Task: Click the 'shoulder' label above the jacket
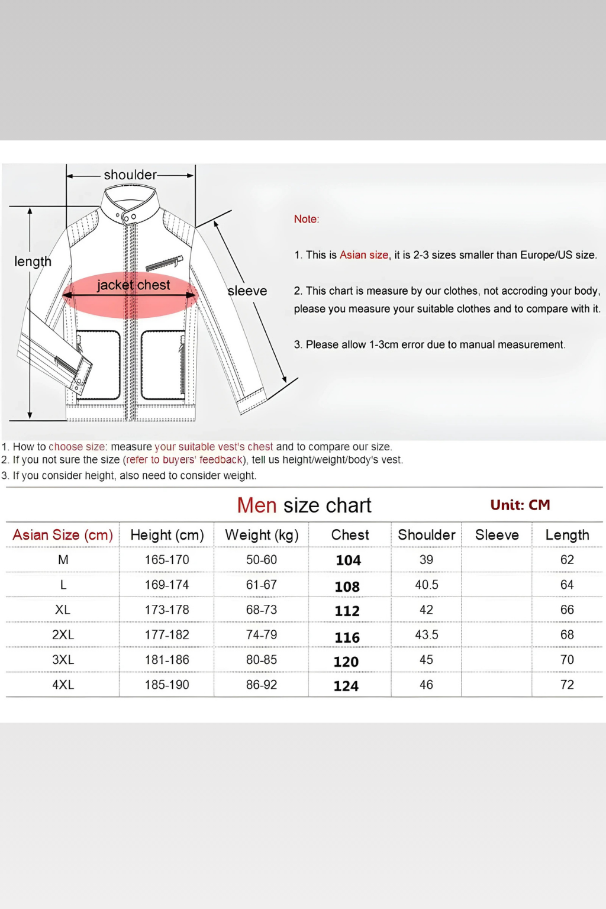click(130, 175)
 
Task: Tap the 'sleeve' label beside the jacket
click(247, 291)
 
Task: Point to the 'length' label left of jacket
click(33, 262)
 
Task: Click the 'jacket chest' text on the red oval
click(134, 285)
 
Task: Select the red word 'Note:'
click(307, 219)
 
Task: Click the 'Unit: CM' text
click(520, 505)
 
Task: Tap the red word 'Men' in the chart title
click(257, 505)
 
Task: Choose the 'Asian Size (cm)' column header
click(63, 535)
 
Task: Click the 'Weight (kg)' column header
click(262, 535)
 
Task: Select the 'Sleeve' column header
click(497, 535)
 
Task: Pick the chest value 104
click(348, 560)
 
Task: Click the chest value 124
click(346, 686)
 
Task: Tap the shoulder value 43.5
click(427, 635)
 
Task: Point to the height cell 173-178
click(167, 610)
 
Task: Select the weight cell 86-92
click(262, 685)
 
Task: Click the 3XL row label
click(63, 660)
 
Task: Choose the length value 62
click(567, 560)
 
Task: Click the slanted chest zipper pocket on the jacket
click(165, 262)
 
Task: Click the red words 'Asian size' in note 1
click(364, 255)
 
